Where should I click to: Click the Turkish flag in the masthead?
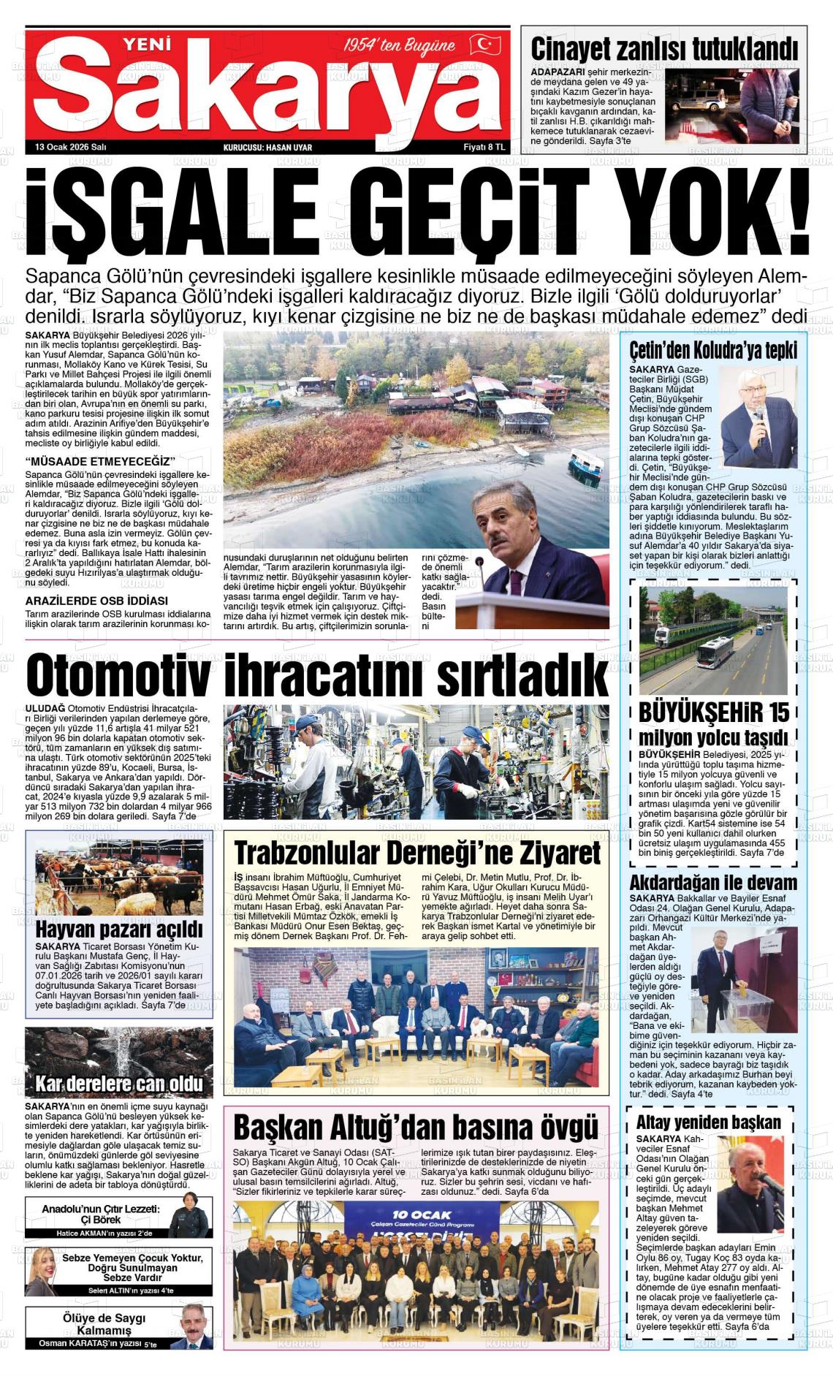(484, 45)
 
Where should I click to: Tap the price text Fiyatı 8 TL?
(484, 147)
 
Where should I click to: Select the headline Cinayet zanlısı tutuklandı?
(663, 50)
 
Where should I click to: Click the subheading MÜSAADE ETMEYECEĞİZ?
(99, 462)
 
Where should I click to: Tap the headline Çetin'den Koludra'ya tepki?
(713, 351)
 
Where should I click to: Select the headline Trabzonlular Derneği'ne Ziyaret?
(417, 853)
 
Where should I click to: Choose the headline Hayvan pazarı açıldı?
(119, 930)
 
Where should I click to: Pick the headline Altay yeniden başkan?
(708, 1122)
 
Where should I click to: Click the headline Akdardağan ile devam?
(713, 882)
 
